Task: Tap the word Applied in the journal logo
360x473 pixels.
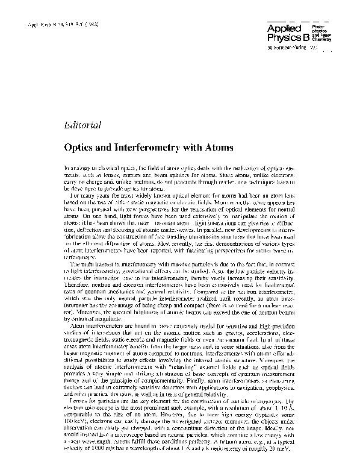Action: (282, 28)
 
